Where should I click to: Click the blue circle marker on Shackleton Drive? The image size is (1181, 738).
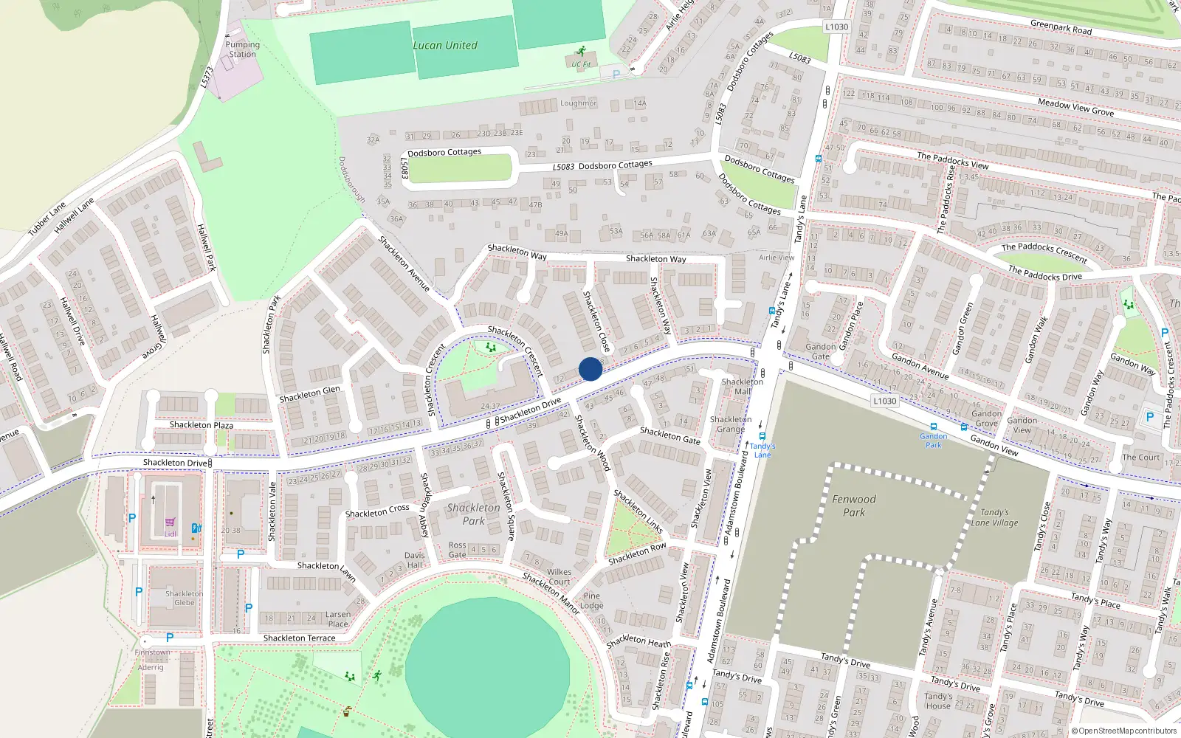(x=590, y=369)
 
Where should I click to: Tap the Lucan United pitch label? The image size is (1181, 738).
(x=444, y=46)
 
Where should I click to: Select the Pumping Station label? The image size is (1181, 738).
(x=242, y=49)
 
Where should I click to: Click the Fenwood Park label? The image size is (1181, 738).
(x=854, y=506)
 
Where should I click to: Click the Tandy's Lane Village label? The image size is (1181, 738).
(x=994, y=517)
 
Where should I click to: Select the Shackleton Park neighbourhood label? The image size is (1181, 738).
(x=473, y=514)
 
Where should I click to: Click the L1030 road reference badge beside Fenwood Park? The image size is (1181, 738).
(x=884, y=401)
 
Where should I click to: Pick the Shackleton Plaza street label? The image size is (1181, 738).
(x=201, y=425)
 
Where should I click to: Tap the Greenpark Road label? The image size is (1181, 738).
(x=1061, y=27)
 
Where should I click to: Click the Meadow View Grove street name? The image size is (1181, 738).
(x=1075, y=107)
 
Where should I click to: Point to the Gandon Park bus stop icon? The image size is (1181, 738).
(x=934, y=427)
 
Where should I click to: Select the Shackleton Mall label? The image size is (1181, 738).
(x=743, y=386)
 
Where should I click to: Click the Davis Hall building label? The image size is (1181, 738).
(x=414, y=560)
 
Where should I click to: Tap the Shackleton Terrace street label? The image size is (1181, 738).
(x=299, y=638)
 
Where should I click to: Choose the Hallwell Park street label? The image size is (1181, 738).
(x=206, y=248)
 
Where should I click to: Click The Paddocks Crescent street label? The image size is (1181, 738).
(x=1044, y=252)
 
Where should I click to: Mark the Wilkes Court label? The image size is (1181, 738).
(x=559, y=576)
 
